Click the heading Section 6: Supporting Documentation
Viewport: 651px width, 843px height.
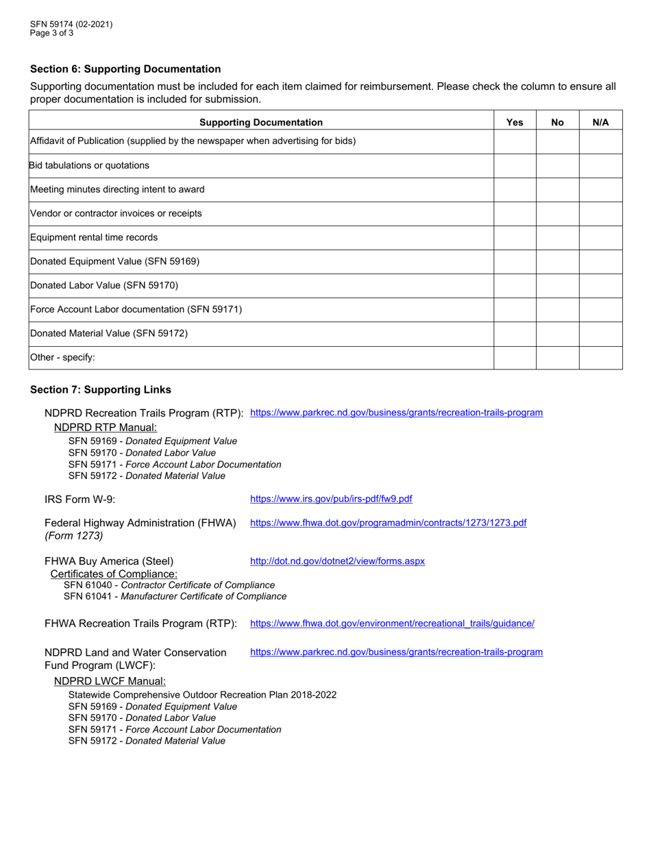(125, 69)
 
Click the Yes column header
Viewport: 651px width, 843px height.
(515, 122)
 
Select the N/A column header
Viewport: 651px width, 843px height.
(600, 122)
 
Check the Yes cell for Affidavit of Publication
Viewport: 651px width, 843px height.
(515, 142)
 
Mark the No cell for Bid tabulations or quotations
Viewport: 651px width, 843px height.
(557, 166)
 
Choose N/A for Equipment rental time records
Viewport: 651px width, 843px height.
(600, 238)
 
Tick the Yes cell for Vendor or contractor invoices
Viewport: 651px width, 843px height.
(515, 214)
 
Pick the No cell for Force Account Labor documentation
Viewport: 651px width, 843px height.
(557, 310)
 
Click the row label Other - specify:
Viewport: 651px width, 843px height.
(62, 357)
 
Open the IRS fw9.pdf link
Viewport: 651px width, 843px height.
(331, 499)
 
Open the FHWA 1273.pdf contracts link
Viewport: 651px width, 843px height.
(388, 523)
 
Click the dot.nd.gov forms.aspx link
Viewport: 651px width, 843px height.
(337, 561)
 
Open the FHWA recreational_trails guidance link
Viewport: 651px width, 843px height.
(392, 624)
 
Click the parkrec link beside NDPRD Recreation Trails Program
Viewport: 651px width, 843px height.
(396, 413)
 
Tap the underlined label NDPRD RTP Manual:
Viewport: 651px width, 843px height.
(106, 427)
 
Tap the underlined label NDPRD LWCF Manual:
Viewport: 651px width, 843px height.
(110, 681)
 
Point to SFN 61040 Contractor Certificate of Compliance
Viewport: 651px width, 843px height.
(169, 585)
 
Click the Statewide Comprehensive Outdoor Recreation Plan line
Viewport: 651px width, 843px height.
(202, 695)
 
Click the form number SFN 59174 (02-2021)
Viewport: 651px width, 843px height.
(71, 24)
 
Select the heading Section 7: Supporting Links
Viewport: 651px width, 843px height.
(101, 390)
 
